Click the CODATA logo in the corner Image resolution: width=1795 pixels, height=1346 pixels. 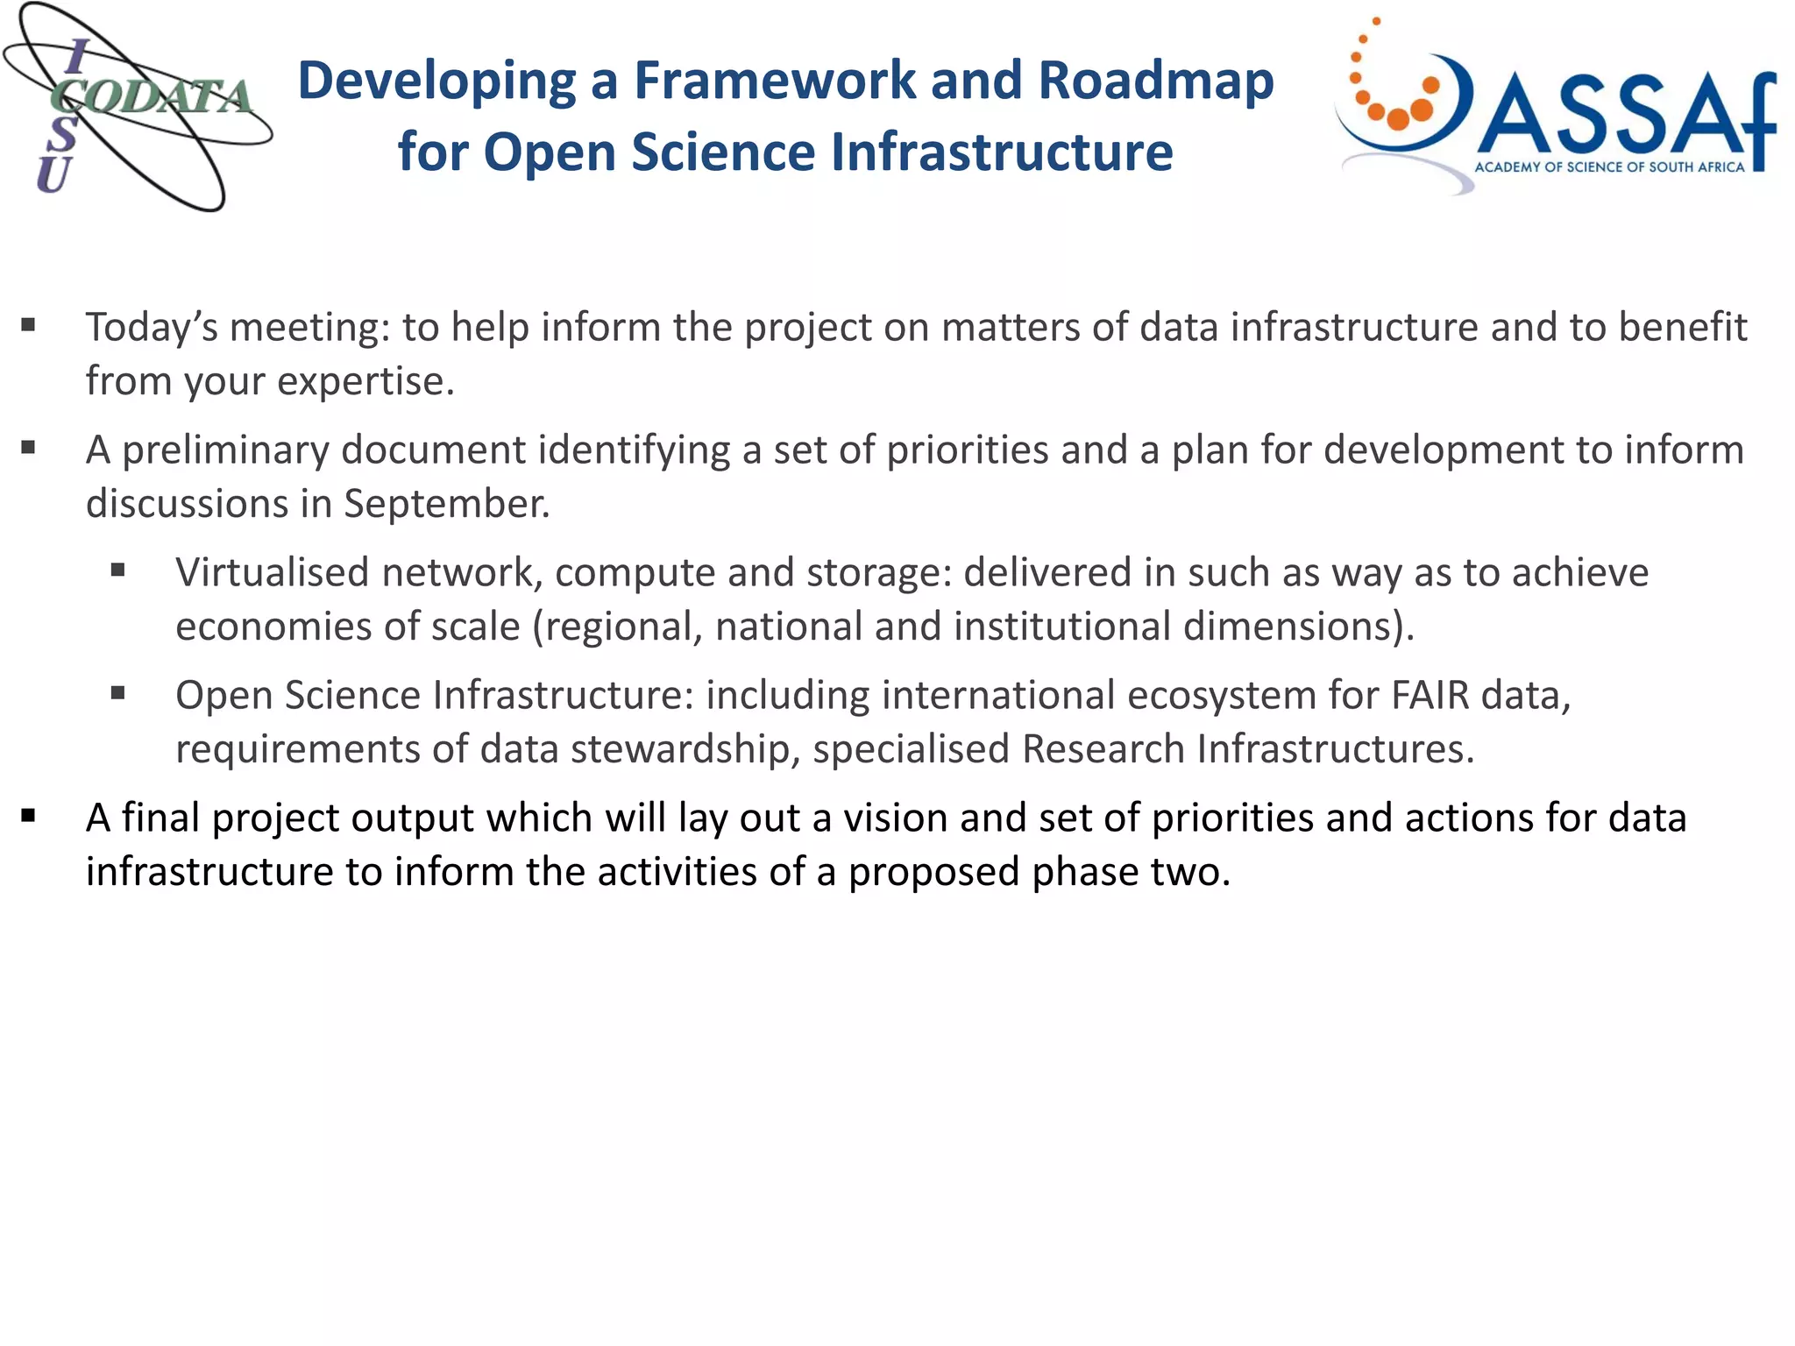pyautogui.click(x=136, y=107)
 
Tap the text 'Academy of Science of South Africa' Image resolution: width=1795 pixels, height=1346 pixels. pyautogui.click(x=1609, y=167)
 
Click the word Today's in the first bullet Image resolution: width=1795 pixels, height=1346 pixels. pyautogui.click(x=151, y=328)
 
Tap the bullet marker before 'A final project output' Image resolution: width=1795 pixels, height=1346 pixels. pyautogui.click(x=29, y=817)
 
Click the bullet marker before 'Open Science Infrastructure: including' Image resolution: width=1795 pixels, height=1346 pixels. pyautogui.click(x=118, y=694)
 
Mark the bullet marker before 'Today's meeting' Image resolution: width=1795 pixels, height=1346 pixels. pyautogui.click(x=29, y=326)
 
